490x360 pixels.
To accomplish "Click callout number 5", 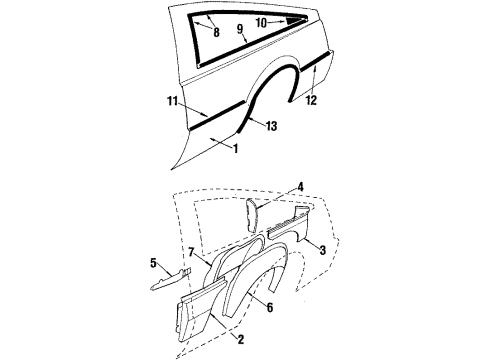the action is click(153, 265).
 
